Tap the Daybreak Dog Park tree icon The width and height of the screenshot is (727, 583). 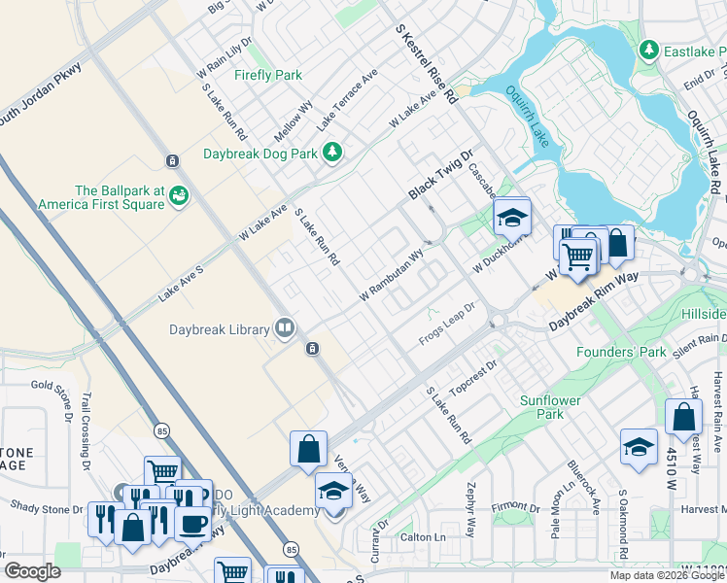(332, 152)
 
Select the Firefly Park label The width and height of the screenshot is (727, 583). (268, 75)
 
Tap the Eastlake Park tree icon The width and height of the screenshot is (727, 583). (648, 49)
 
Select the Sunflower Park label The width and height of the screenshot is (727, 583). (556, 407)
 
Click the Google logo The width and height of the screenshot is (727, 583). (33, 570)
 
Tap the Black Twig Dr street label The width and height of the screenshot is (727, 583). (439, 175)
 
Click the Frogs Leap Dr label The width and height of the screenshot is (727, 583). (446, 324)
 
